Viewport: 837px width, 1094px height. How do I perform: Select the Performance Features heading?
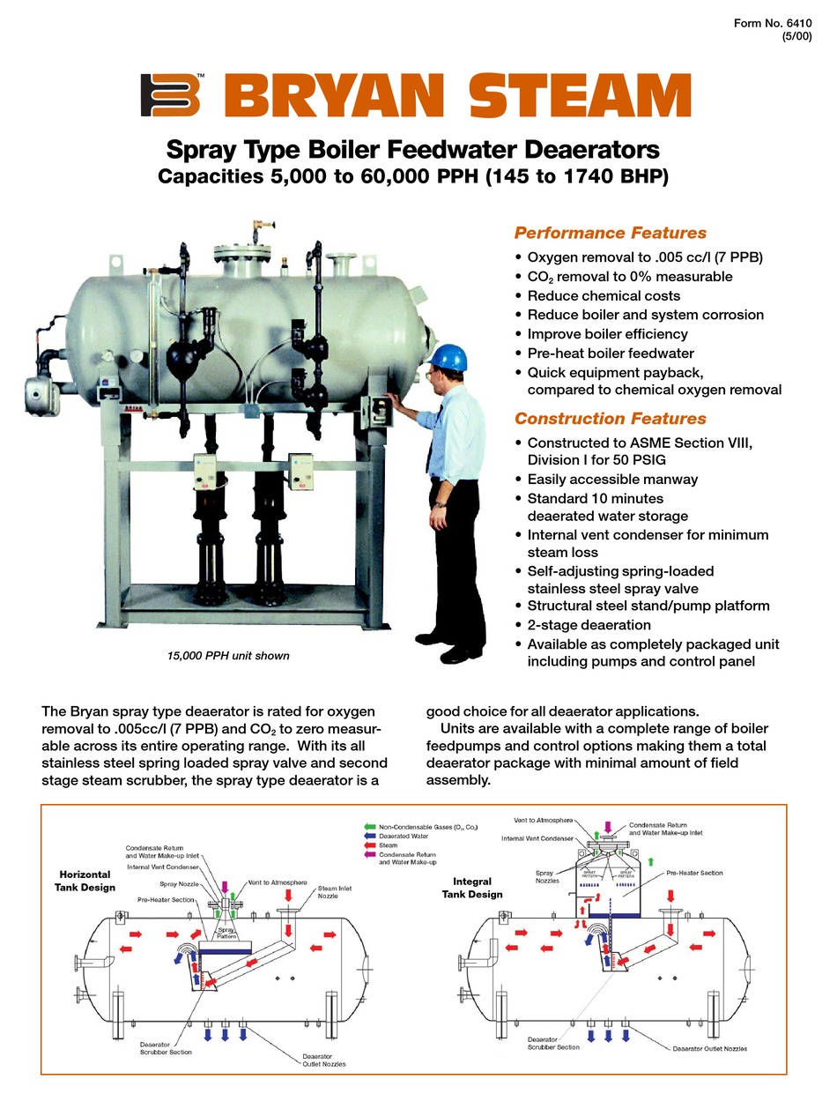(x=610, y=233)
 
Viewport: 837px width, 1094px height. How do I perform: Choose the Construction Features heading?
(x=610, y=419)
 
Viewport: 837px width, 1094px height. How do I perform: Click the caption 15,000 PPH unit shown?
(x=228, y=656)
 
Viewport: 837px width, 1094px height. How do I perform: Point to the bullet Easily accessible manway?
(x=612, y=479)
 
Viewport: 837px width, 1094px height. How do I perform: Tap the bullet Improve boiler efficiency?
(x=607, y=334)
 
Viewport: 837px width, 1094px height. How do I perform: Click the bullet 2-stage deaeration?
(x=589, y=624)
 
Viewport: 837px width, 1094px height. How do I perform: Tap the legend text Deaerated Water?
(x=404, y=836)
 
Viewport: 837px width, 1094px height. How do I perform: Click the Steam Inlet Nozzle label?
(x=334, y=892)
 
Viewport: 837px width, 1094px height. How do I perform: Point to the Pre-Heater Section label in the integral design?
(x=694, y=873)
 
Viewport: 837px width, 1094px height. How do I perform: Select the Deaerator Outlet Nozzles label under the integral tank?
(x=709, y=1048)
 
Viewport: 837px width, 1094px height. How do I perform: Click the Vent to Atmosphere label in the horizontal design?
(x=278, y=882)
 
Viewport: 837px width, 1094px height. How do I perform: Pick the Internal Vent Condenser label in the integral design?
(x=538, y=837)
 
